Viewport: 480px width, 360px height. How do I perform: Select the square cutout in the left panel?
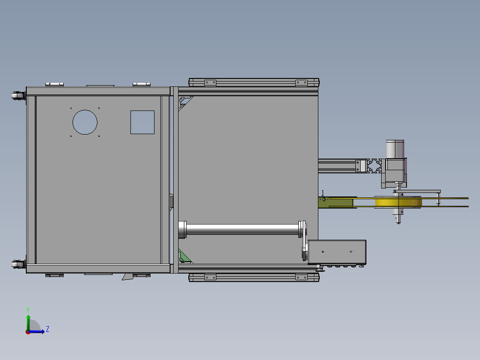142,122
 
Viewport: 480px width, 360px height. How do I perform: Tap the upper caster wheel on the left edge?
18,96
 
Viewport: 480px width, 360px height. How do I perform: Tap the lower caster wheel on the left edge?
18,264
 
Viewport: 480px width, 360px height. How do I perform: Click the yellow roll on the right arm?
399,203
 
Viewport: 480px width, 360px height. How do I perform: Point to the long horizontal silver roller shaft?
242,229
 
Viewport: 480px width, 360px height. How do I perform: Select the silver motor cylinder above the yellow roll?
395,149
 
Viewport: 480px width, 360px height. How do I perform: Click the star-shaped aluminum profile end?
374,166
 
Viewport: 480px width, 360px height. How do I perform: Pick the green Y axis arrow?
28,323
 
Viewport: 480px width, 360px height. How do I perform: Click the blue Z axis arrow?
36,331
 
